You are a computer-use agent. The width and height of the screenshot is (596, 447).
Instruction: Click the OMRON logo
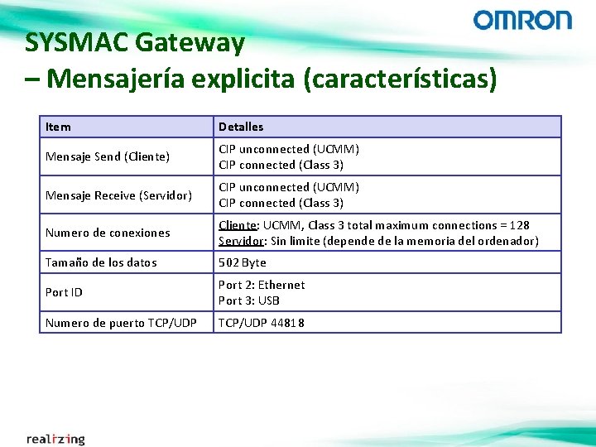(x=522, y=20)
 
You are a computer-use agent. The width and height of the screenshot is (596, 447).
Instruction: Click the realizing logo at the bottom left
(x=55, y=438)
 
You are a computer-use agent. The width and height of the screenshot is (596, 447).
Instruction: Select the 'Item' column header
(x=58, y=127)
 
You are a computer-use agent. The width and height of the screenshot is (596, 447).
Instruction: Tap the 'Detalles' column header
(x=241, y=127)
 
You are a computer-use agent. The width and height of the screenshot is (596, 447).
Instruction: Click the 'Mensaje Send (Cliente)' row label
(x=108, y=156)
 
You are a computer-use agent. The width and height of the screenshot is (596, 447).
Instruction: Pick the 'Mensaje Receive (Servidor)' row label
(x=118, y=195)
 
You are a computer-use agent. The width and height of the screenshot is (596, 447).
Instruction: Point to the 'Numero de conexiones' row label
(x=108, y=233)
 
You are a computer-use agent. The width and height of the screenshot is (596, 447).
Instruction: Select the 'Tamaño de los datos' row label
(x=101, y=262)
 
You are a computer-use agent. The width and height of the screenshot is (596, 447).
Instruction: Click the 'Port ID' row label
(x=64, y=292)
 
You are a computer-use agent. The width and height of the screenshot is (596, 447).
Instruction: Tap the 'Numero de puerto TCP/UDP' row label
(x=121, y=323)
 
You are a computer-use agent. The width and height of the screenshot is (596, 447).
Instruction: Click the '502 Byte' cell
(x=243, y=262)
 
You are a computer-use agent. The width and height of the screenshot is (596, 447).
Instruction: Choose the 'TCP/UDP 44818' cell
(x=262, y=323)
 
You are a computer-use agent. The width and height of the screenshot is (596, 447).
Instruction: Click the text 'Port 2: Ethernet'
(x=262, y=285)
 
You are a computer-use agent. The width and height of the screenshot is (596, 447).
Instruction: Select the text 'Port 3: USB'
(x=249, y=300)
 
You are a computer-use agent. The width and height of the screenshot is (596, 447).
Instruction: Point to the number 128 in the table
(x=518, y=225)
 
